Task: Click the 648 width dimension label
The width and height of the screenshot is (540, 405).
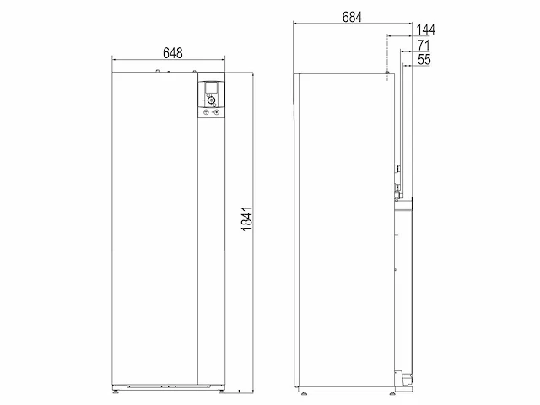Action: (x=172, y=53)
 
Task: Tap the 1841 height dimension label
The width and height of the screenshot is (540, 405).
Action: (x=246, y=219)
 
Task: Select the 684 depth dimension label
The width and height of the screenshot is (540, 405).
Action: (x=352, y=17)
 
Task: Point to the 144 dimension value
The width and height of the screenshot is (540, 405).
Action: (x=425, y=30)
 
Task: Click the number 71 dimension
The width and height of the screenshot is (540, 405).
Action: (x=424, y=45)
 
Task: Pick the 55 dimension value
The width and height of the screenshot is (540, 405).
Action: (x=424, y=60)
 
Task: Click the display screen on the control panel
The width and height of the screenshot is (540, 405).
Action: (x=211, y=87)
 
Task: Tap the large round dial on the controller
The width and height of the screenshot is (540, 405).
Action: (x=211, y=100)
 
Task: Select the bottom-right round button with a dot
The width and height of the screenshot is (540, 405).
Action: (x=216, y=112)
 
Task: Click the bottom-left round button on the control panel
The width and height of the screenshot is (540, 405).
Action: (x=206, y=112)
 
